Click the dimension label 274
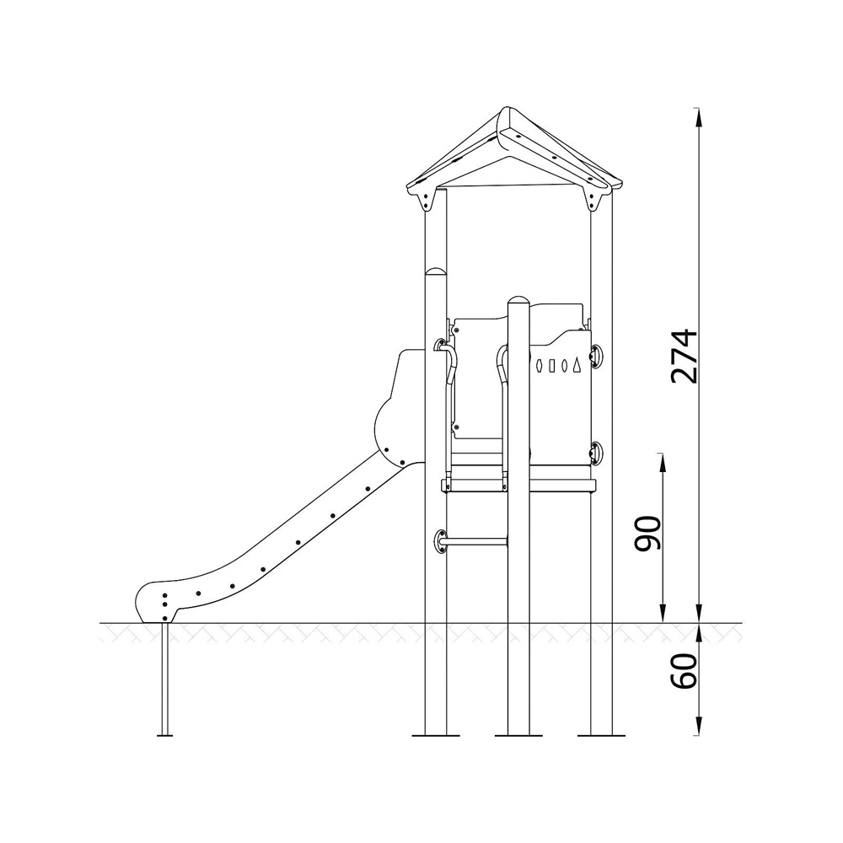pyautogui.click(x=685, y=357)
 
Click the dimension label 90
pyautogui.click(x=647, y=534)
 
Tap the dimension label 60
pyautogui.click(x=685, y=672)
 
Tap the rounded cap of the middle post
pyautogui.click(x=518, y=299)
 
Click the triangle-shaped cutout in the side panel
pyautogui.click(x=577, y=364)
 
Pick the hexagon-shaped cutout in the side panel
pyautogui.click(x=540, y=366)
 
